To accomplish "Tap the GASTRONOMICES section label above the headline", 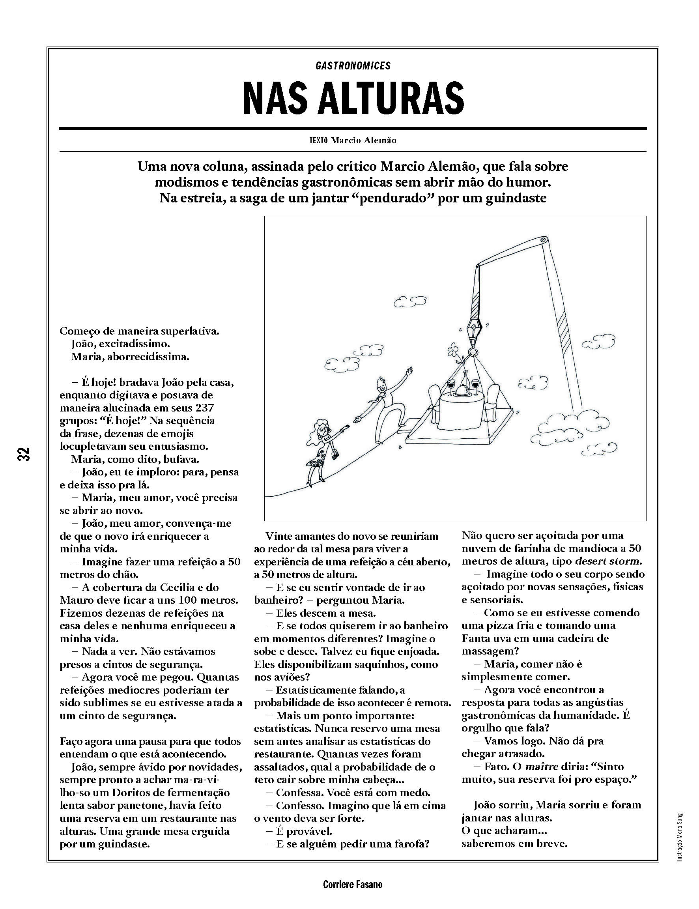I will (353, 66).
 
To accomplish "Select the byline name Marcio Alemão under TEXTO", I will (363, 140).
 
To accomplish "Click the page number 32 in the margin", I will (24, 453).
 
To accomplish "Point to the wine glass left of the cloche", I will (450, 385).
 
